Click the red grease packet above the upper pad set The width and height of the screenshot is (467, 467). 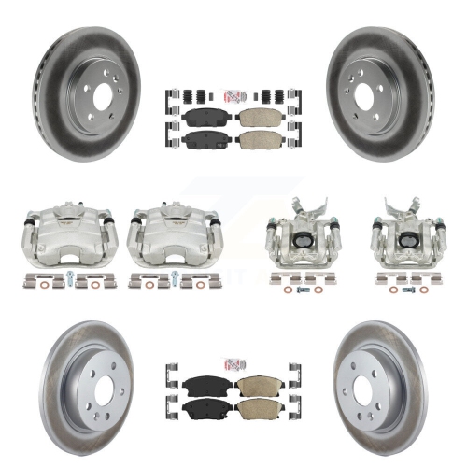pyautogui.click(x=232, y=93)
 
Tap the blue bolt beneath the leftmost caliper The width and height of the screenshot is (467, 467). pyautogui.click(x=69, y=276)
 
